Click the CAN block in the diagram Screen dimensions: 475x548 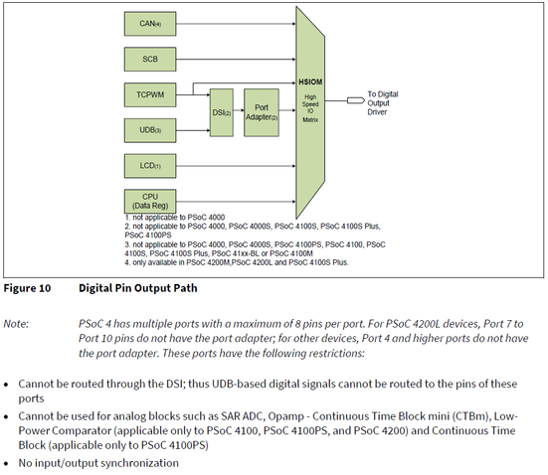tap(150, 20)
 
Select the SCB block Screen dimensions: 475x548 tap(150, 59)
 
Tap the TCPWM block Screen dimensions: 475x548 tap(150, 95)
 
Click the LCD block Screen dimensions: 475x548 tap(150, 164)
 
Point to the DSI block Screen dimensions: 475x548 tap(222, 112)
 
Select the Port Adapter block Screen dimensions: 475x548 tap(262, 112)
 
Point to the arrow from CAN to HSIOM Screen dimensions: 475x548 tap(235, 20)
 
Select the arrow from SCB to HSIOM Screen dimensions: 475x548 tap(235, 59)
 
